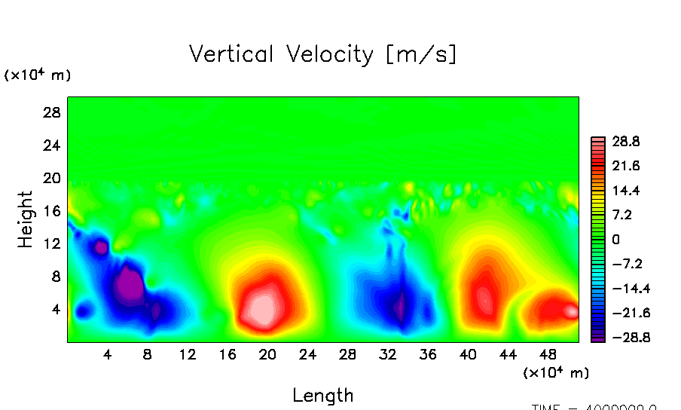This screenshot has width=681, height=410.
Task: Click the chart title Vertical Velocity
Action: (322, 55)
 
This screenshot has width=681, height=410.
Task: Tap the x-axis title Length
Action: (322, 395)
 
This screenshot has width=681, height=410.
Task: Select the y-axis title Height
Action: (26, 219)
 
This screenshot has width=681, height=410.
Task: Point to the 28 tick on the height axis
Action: (50, 112)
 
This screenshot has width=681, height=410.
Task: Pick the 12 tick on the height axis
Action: (50, 243)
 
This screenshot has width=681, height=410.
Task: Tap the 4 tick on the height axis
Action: (55, 309)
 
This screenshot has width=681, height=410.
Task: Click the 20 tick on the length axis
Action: (267, 354)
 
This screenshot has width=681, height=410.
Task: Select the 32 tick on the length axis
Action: (387, 354)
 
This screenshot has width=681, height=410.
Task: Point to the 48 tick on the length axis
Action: (548, 354)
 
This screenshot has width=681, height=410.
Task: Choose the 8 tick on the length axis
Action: (147, 354)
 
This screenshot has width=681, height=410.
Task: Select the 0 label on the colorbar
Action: (615, 240)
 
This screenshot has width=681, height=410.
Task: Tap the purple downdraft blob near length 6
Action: (128, 284)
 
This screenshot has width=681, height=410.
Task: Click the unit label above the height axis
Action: (38, 75)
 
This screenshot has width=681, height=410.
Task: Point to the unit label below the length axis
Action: (556, 372)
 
